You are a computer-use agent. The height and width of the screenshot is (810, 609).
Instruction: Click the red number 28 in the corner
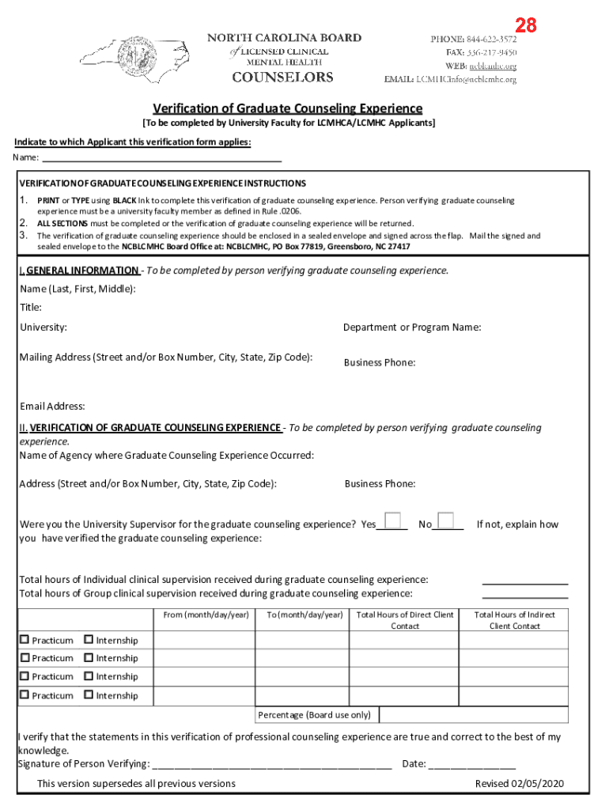click(x=526, y=25)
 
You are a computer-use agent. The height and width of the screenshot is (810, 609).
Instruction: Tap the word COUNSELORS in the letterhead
click(x=282, y=77)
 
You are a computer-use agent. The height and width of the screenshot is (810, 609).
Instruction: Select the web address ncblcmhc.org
click(x=493, y=66)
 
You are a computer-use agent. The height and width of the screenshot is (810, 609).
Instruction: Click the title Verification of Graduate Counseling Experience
click(x=288, y=108)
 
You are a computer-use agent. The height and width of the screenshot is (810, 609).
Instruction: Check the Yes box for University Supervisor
click(x=392, y=520)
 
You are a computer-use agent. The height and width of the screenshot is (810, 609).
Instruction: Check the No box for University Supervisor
click(x=446, y=520)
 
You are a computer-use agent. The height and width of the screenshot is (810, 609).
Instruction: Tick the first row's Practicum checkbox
click(x=25, y=639)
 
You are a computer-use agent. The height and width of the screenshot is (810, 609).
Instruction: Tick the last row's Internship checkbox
click(x=89, y=695)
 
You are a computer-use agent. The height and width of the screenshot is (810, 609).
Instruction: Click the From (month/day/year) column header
click(x=206, y=615)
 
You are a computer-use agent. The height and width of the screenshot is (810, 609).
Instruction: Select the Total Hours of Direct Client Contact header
click(x=405, y=620)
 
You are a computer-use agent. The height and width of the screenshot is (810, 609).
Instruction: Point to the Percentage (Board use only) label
click(x=315, y=715)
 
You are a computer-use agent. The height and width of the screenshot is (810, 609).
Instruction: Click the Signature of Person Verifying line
click(x=270, y=765)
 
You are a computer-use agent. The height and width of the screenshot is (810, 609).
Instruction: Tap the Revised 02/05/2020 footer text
click(x=519, y=783)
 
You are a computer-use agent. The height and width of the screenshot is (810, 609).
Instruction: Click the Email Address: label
click(x=52, y=407)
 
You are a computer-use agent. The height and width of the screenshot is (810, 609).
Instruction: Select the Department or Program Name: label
click(x=412, y=327)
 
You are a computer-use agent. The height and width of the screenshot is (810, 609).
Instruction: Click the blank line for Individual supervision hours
click(x=525, y=581)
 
